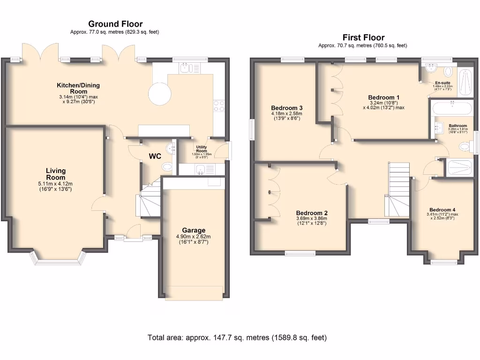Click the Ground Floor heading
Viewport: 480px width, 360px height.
[x=115, y=24]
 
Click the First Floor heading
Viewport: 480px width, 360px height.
[x=363, y=37]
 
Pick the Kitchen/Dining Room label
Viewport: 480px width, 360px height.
[x=78, y=88]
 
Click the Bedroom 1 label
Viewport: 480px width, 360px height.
[x=384, y=97]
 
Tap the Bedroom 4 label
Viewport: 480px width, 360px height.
[x=442, y=210]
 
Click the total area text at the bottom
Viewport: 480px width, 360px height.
[x=237, y=337]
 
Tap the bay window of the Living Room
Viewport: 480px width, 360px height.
[x=59, y=258]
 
